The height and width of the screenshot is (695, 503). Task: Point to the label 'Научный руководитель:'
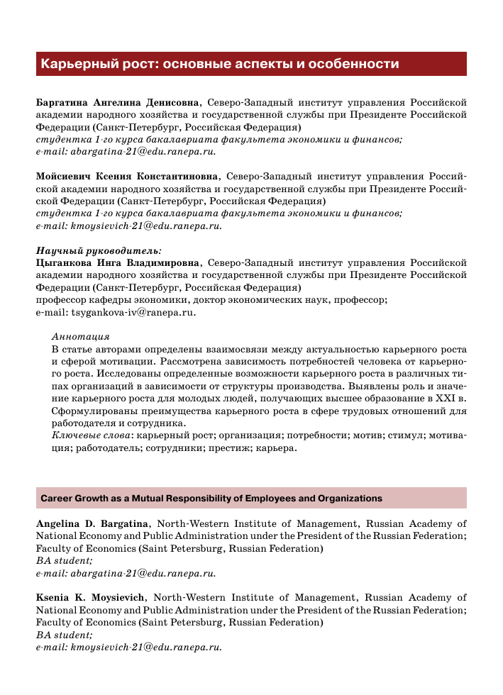(x=99, y=250)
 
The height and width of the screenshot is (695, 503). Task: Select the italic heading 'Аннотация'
(x=85, y=337)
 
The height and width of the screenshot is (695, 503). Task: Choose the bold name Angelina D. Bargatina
(x=92, y=524)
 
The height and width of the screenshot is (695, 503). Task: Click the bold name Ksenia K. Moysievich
(x=91, y=598)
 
